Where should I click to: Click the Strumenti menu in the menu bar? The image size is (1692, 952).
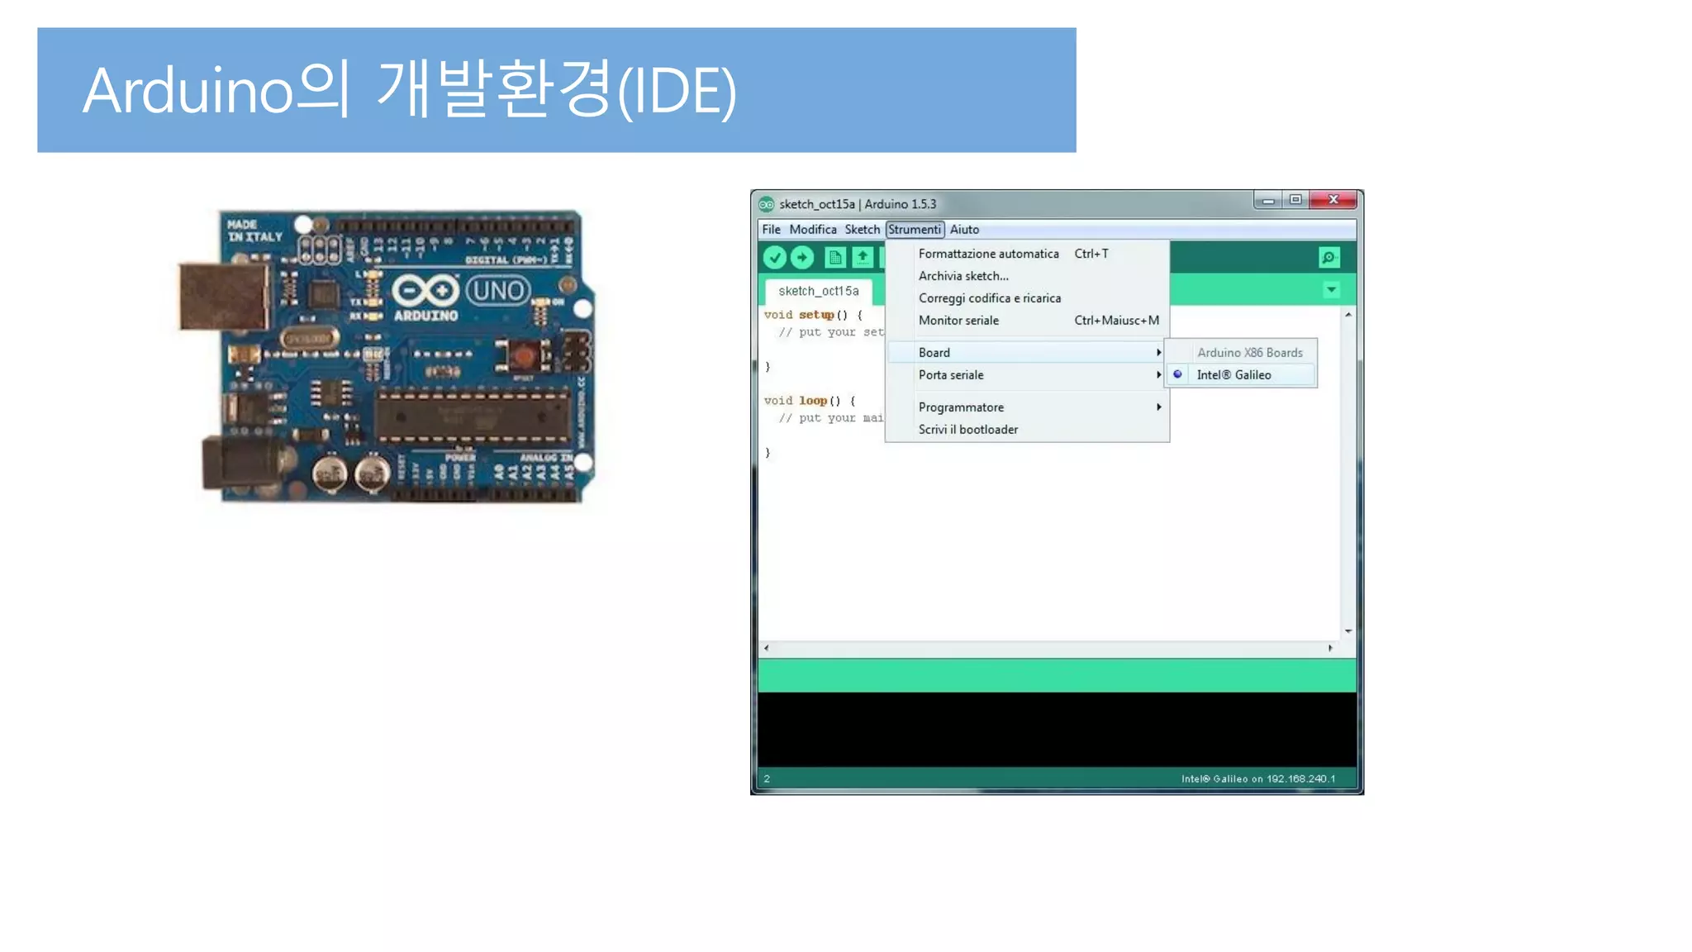(914, 230)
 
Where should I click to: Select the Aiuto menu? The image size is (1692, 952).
(964, 230)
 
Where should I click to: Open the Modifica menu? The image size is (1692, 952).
(812, 230)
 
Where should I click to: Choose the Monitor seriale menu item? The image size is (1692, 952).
(958, 321)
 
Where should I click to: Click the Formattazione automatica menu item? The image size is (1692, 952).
(988, 254)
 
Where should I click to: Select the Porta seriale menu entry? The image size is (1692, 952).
(951, 375)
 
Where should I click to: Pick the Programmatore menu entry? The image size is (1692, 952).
(961, 407)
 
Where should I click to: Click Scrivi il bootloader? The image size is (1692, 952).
(968, 430)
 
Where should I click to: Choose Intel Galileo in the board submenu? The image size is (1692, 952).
(1233, 375)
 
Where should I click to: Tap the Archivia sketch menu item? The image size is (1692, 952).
(963, 276)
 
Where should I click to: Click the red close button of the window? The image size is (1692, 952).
(1333, 200)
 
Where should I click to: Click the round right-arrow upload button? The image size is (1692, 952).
(802, 258)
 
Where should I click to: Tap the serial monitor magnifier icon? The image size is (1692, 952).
(1328, 258)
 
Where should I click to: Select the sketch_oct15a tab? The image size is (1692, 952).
(818, 291)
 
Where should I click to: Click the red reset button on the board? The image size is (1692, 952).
(523, 356)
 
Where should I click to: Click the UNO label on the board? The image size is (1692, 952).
(498, 291)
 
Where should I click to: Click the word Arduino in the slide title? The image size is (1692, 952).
(188, 91)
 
